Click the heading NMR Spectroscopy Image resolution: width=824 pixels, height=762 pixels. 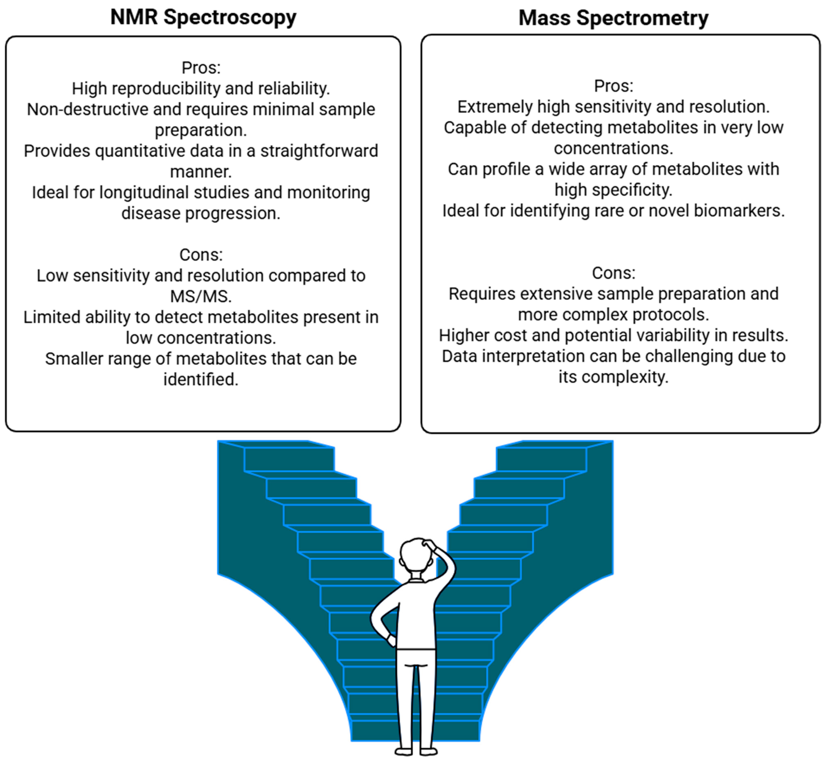pyautogui.click(x=203, y=17)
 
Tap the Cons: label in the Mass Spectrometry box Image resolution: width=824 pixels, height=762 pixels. pyautogui.click(x=613, y=273)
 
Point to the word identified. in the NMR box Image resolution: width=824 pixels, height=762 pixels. pyautogui.click(x=201, y=379)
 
